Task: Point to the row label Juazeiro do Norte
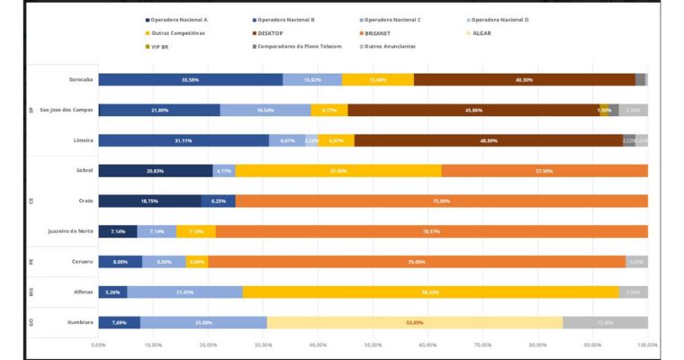pos(71,231)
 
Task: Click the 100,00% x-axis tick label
pos(647,344)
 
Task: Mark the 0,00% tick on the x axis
pos(99,344)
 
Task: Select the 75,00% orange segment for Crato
pos(441,201)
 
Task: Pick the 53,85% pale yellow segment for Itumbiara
pos(415,322)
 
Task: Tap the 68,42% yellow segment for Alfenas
pos(430,292)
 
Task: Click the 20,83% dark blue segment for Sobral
pos(156,170)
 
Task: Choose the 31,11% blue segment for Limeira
pos(184,140)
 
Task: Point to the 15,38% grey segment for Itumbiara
pos(605,322)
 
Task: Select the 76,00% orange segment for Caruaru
pos(417,262)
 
